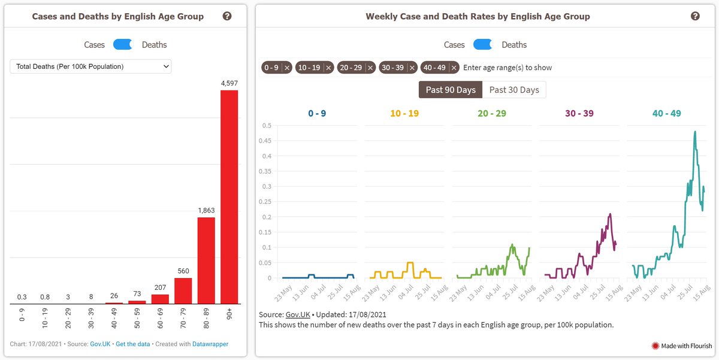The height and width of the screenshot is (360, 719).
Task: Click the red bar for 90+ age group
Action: (x=229, y=196)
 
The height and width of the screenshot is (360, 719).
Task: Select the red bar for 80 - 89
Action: (x=206, y=261)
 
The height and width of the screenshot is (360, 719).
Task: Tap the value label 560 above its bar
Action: (x=183, y=271)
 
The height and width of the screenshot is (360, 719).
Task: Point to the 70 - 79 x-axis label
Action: (x=183, y=318)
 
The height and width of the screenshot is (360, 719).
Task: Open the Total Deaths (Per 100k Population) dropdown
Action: (x=90, y=66)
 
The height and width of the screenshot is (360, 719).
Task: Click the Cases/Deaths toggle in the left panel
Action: (x=123, y=44)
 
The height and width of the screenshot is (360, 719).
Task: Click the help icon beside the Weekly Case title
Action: (x=695, y=16)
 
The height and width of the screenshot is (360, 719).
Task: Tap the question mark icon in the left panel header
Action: (x=227, y=16)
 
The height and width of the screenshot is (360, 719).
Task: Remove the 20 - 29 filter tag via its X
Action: (x=370, y=68)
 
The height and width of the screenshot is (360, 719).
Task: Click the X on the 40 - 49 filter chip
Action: (x=454, y=68)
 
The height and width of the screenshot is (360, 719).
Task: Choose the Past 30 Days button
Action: (x=514, y=90)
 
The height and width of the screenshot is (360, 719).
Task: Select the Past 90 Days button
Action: (x=451, y=90)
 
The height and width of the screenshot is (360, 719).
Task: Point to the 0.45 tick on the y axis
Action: (x=265, y=141)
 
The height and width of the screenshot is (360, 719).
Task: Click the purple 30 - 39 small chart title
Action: (x=579, y=113)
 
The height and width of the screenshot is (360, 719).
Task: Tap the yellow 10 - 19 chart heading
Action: (x=404, y=113)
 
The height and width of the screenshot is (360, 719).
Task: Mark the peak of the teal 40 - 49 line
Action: (x=695, y=132)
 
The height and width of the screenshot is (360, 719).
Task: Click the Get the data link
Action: (x=133, y=344)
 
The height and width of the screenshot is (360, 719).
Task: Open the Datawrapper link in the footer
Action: (x=210, y=344)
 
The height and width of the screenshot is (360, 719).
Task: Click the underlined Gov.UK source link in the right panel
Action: (x=298, y=314)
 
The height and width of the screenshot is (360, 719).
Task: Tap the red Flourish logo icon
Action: (x=655, y=346)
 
